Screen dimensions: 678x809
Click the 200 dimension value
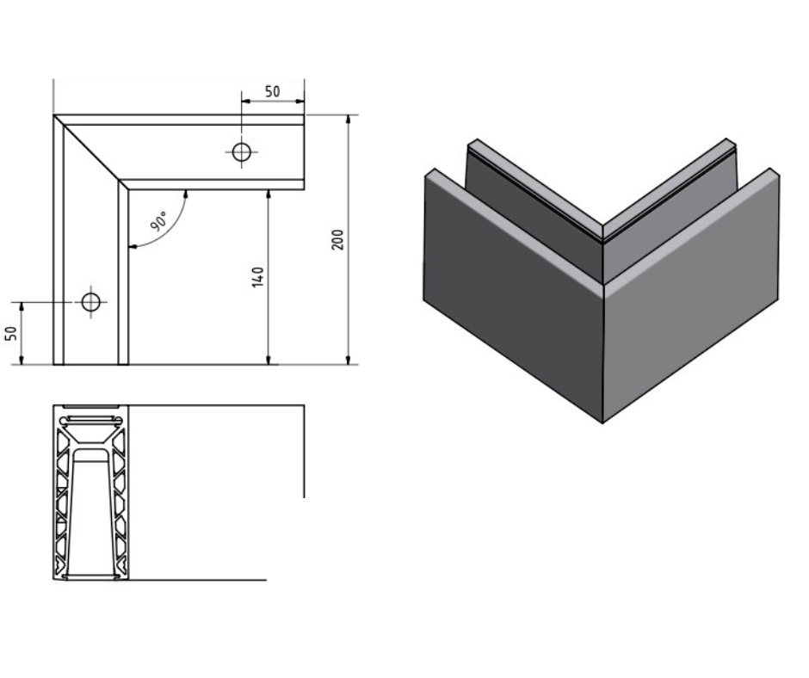pyautogui.click(x=338, y=239)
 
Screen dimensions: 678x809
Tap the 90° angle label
pyautogui.click(x=159, y=220)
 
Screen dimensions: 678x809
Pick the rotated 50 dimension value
pyautogui.click(x=12, y=333)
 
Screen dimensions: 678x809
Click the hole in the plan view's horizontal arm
pyautogui.click(x=242, y=152)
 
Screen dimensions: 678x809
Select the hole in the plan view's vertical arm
pyautogui.click(x=90, y=302)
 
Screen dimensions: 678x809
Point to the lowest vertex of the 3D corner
pyautogui.click(x=602, y=422)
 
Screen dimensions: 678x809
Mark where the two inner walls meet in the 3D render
pyautogui.click(x=602, y=250)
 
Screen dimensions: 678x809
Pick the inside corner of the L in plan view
pyautogui.click(x=128, y=188)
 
